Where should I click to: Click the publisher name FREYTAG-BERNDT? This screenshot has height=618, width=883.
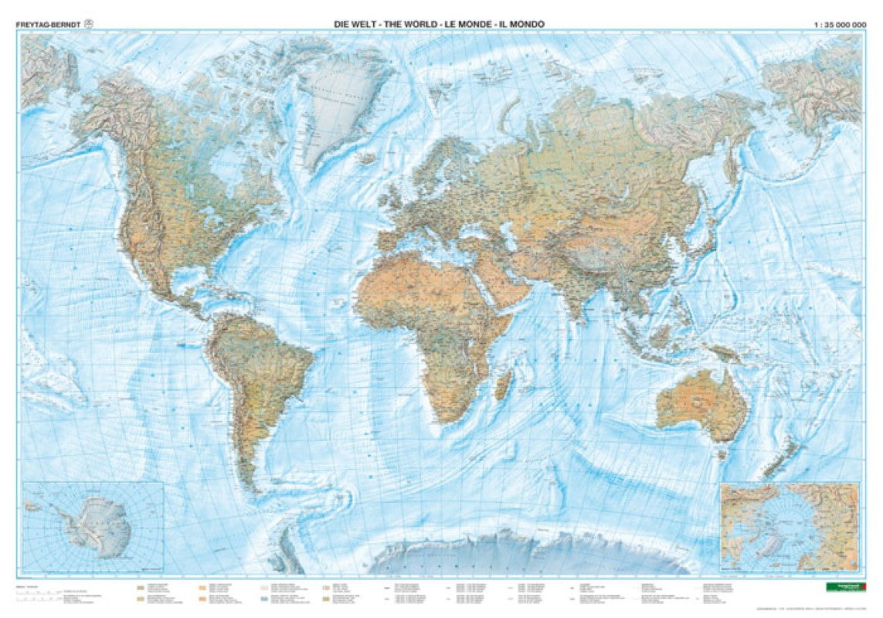(47, 24)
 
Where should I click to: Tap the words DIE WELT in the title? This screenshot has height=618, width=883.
(353, 24)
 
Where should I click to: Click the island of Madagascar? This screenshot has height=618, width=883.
(503, 383)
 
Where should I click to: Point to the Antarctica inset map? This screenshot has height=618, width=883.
(93, 525)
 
